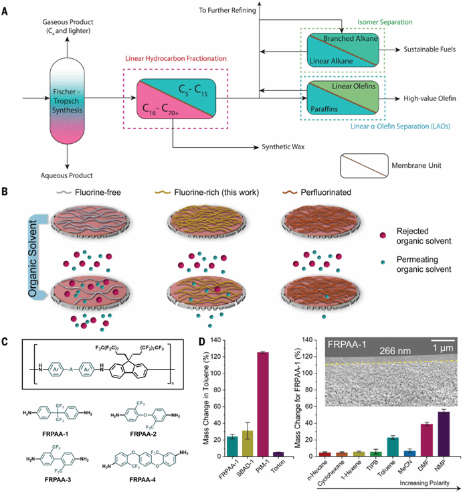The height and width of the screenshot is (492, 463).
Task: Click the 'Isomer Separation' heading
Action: pyautogui.click(x=385, y=22)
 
